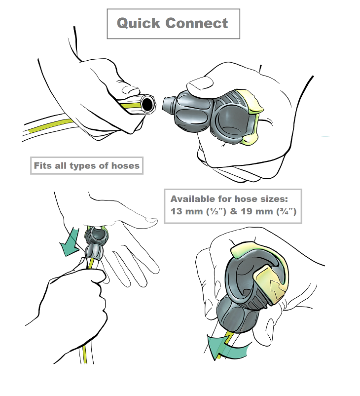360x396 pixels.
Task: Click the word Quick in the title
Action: click(138, 24)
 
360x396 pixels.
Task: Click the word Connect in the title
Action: click(197, 23)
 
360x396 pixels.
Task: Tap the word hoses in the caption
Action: click(125, 166)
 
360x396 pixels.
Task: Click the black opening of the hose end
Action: click(147, 104)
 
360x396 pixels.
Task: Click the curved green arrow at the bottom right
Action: click(226, 347)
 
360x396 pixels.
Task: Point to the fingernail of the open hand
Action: click(151, 220)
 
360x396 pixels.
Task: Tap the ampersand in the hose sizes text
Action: click(234, 211)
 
